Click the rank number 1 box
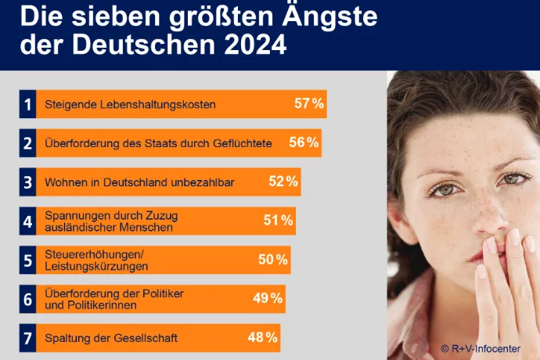pyautogui.click(x=27, y=104)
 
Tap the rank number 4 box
pyautogui.click(x=27, y=221)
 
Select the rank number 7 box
pyautogui.click(x=27, y=338)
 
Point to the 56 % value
pyautogui.click(x=304, y=142)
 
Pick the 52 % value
pyautogui.click(x=283, y=182)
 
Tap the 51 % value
pyautogui.click(x=278, y=221)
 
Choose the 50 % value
pyautogui.click(x=273, y=260)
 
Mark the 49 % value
pyautogui.click(x=268, y=298)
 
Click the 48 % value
pyautogui.click(x=263, y=338)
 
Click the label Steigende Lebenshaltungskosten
pyautogui.click(x=130, y=105)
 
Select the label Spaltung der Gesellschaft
pyautogui.click(x=111, y=339)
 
